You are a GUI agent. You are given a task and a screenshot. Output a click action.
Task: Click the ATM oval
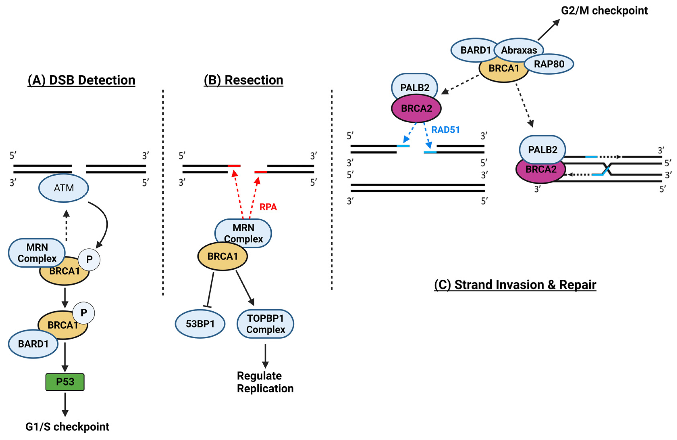(x=63, y=188)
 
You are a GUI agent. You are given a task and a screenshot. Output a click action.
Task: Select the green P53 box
(x=65, y=382)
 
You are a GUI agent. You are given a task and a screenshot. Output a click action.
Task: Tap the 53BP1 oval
(x=200, y=324)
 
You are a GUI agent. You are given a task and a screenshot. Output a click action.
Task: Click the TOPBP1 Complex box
(x=265, y=324)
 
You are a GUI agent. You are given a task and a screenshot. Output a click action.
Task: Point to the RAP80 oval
(x=549, y=64)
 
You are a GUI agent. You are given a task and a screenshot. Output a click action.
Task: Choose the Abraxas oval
(x=519, y=50)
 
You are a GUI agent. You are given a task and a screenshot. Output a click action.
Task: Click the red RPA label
(x=268, y=207)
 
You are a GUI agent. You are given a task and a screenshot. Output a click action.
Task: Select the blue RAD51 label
(x=445, y=130)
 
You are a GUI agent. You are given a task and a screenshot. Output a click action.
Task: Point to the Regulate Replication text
(x=265, y=382)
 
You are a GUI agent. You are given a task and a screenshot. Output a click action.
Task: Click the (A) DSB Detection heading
(x=81, y=80)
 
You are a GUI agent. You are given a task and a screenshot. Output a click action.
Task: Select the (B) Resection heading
(x=243, y=80)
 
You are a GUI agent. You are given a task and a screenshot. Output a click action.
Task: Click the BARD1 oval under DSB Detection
(x=33, y=344)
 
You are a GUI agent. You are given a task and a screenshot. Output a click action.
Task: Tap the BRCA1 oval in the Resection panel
(x=222, y=256)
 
